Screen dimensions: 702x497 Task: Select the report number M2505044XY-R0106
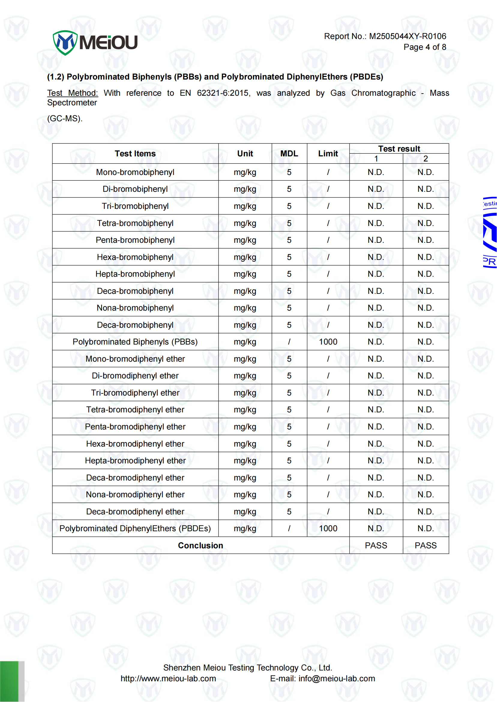point(407,36)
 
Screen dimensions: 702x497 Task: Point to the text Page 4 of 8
point(424,47)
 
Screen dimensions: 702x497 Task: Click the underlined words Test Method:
point(73,93)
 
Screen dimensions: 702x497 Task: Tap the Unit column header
point(245,154)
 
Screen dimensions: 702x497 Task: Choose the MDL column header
point(289,154)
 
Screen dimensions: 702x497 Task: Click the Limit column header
point(328,154)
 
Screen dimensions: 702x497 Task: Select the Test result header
point(399,149)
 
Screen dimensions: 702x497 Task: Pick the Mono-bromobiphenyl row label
point(135,172)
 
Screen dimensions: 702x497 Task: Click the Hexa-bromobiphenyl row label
point(135,257)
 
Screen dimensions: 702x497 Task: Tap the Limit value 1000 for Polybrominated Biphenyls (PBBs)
point(328,342)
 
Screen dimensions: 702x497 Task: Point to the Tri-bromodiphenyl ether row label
point(135,393)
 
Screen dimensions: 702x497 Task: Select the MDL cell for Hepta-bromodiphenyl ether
point(289,461)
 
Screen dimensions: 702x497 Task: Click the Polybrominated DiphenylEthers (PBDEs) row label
point(135,529)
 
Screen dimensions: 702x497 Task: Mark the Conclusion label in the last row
point(200,545)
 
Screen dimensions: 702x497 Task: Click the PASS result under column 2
point(425,545)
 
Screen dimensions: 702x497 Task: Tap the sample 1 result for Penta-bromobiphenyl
point(376,240)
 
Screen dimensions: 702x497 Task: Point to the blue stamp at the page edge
point(490,233)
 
